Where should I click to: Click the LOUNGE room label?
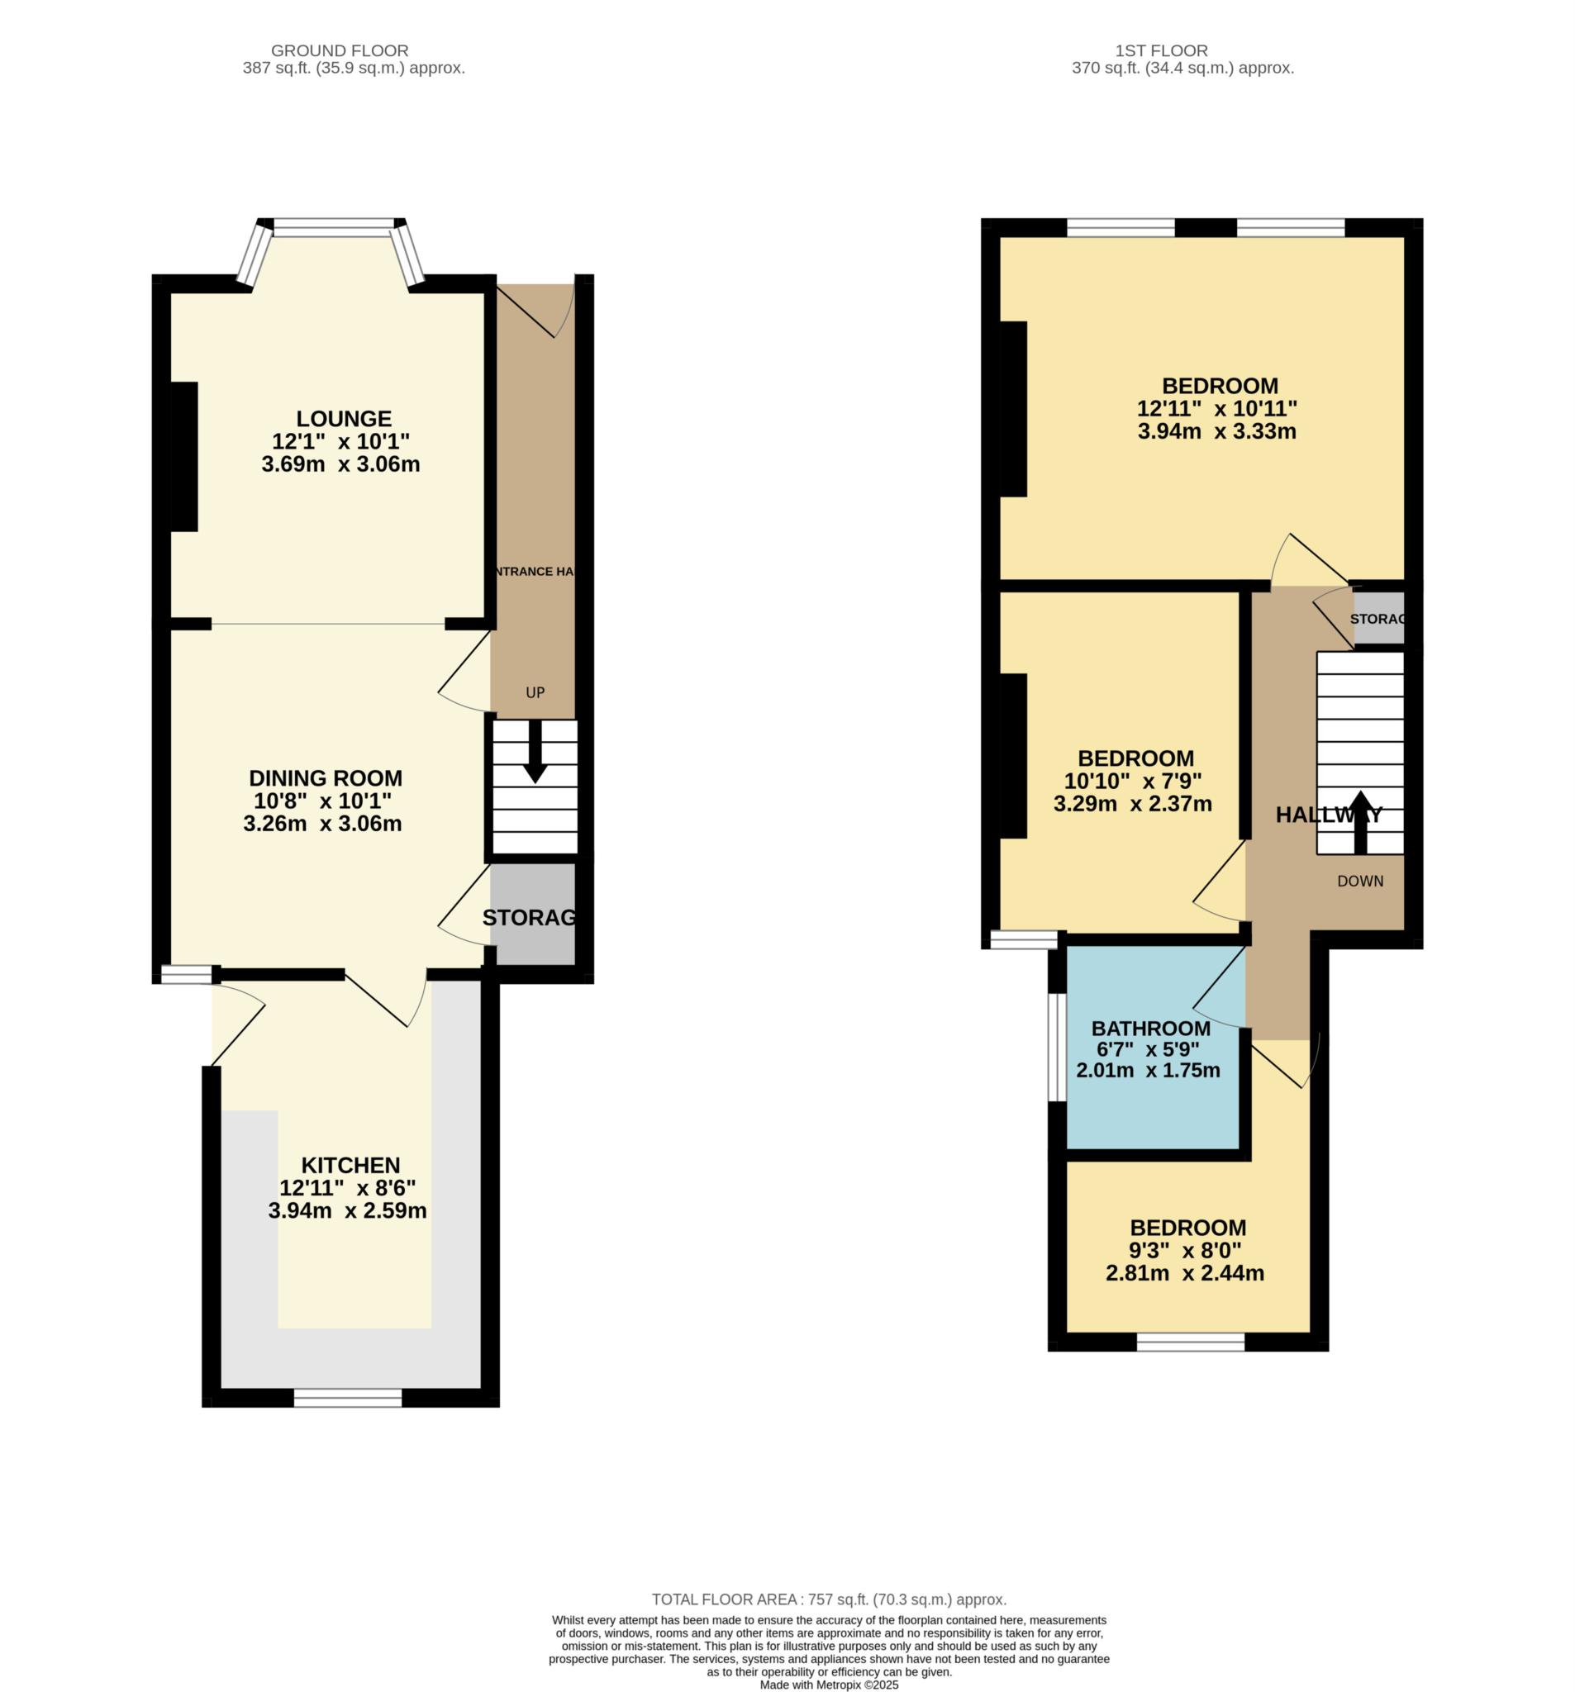coord(344,419)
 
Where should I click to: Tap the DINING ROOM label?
coord(326,778)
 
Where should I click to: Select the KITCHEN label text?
coord(350,1165)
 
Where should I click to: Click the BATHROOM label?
coord(1151,1028)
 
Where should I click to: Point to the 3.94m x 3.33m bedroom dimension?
coord(1216,431)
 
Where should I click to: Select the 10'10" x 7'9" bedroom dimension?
coord(1132,782)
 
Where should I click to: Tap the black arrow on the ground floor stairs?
coord(535,752)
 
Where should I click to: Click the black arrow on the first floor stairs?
coord(1359,822)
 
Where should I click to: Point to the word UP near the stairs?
coord(535,693)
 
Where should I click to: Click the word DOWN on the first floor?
coord(1359,882)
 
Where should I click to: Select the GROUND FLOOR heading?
coord(340,51)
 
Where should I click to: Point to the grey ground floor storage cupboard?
coord(533,915)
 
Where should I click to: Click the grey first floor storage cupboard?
coord(1378,618)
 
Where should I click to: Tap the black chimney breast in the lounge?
coord(185,457)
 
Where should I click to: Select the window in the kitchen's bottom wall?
coord(348,1398)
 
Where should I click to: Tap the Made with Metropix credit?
coord(829,1685)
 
